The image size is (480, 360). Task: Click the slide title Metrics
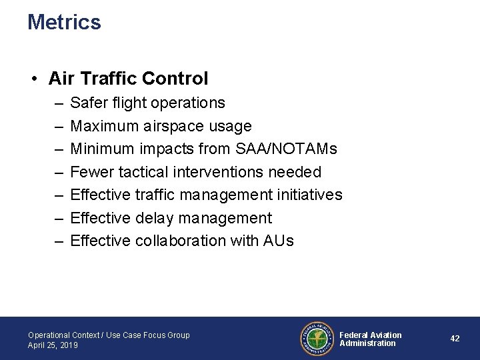tap(64, 23)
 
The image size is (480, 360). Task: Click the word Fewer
tap(92, 172)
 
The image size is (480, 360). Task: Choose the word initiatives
tap(310, 195)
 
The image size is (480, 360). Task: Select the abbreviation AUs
tap(279, 241)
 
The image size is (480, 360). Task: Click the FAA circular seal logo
tap(316, 339)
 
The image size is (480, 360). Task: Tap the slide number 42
tap(455, 339)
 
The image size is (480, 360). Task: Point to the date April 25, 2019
tap(53, 345)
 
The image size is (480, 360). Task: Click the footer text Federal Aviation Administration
tap(371, 339)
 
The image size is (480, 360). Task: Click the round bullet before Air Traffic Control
tap(33, 79)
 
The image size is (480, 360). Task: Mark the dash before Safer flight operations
tap(58, 103)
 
